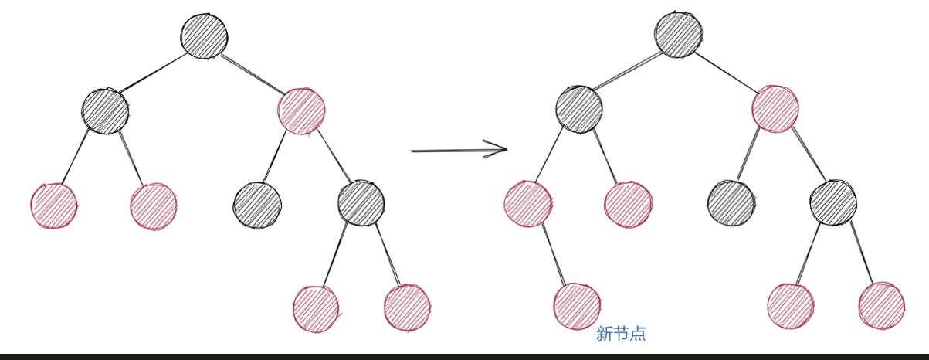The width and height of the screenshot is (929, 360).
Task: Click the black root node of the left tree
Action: point(205,35)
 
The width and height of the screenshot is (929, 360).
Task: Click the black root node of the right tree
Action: point(678,35)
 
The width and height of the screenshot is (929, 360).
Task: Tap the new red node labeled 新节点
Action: point(577,306)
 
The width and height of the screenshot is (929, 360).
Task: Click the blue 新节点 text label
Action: point(621,335)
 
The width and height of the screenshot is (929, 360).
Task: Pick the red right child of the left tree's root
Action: point(300,111)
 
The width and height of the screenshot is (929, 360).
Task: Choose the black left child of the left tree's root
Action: point(105,111)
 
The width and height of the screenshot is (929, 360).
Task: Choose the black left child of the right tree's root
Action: point(578,109)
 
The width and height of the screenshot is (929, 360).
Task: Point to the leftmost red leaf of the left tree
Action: point(54,205)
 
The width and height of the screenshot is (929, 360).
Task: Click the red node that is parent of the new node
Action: point(527,203)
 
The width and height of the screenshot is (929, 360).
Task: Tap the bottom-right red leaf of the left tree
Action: point(407,307)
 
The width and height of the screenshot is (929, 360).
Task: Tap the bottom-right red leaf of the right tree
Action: point(881,305)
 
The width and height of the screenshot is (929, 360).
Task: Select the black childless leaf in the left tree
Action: point(257,205)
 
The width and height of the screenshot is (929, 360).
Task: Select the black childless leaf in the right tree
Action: point(731,202)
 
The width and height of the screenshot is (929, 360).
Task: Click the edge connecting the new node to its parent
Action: point(552,255)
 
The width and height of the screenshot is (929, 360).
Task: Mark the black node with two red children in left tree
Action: point(361,202)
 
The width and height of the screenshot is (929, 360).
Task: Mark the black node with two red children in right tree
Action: point(833,202)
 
